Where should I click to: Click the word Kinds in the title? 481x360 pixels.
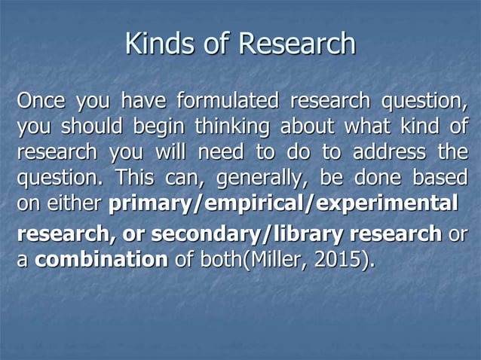pyautogui.click(x=155, y=44)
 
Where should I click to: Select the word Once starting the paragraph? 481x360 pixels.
pyautogui.click(x=43, y=100)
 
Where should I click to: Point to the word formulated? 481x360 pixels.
pyautogui.click(x=227, y=100)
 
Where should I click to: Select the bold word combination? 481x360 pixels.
pyautogui.click(x=102, y=261)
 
